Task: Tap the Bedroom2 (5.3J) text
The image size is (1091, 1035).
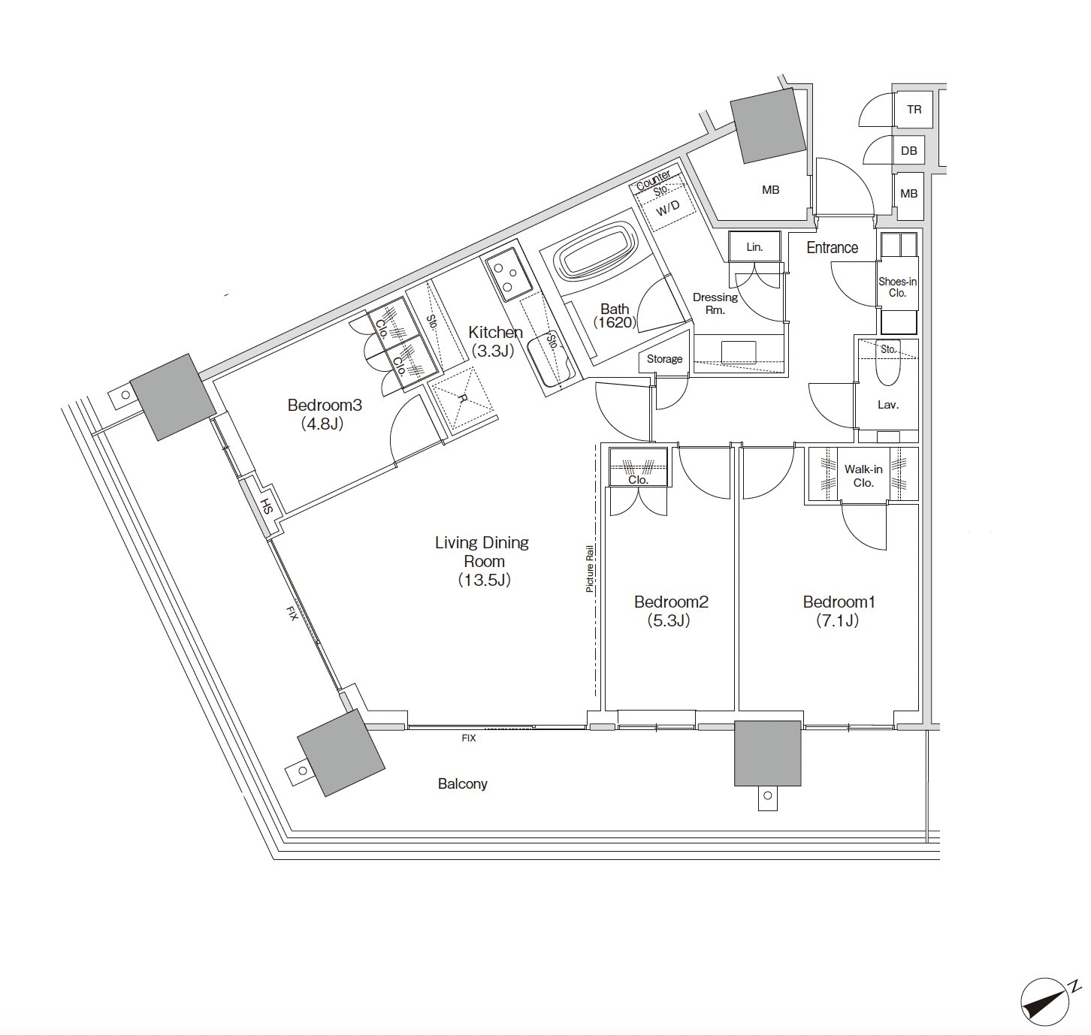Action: click(x=670, y=611)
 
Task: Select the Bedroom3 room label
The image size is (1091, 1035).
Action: click(x=324, y=414)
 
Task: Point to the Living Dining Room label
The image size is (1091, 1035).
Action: click(x=482, y=561)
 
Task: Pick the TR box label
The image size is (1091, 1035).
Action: click(x=914, y=110)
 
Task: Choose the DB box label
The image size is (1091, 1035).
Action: click(x=909, y=150)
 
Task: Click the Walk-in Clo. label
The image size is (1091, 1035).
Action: click(x=863, y=475)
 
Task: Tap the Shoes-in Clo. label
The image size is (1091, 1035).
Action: click(x=897, y=287)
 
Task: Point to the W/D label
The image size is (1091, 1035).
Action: click(x=667, y=207)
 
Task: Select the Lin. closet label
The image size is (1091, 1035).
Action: click(x=754, y=247)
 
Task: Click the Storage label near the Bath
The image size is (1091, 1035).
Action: click(x=664, y=359)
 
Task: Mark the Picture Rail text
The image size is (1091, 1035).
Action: click(x=590, y=569)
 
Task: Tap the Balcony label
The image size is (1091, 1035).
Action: click(x=462, y=783)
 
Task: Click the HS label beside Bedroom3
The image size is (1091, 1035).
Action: click(x=267, y=507)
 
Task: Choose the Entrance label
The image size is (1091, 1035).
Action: click(x=832, y=247)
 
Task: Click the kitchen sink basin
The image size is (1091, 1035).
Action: click(x=549, y=362)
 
